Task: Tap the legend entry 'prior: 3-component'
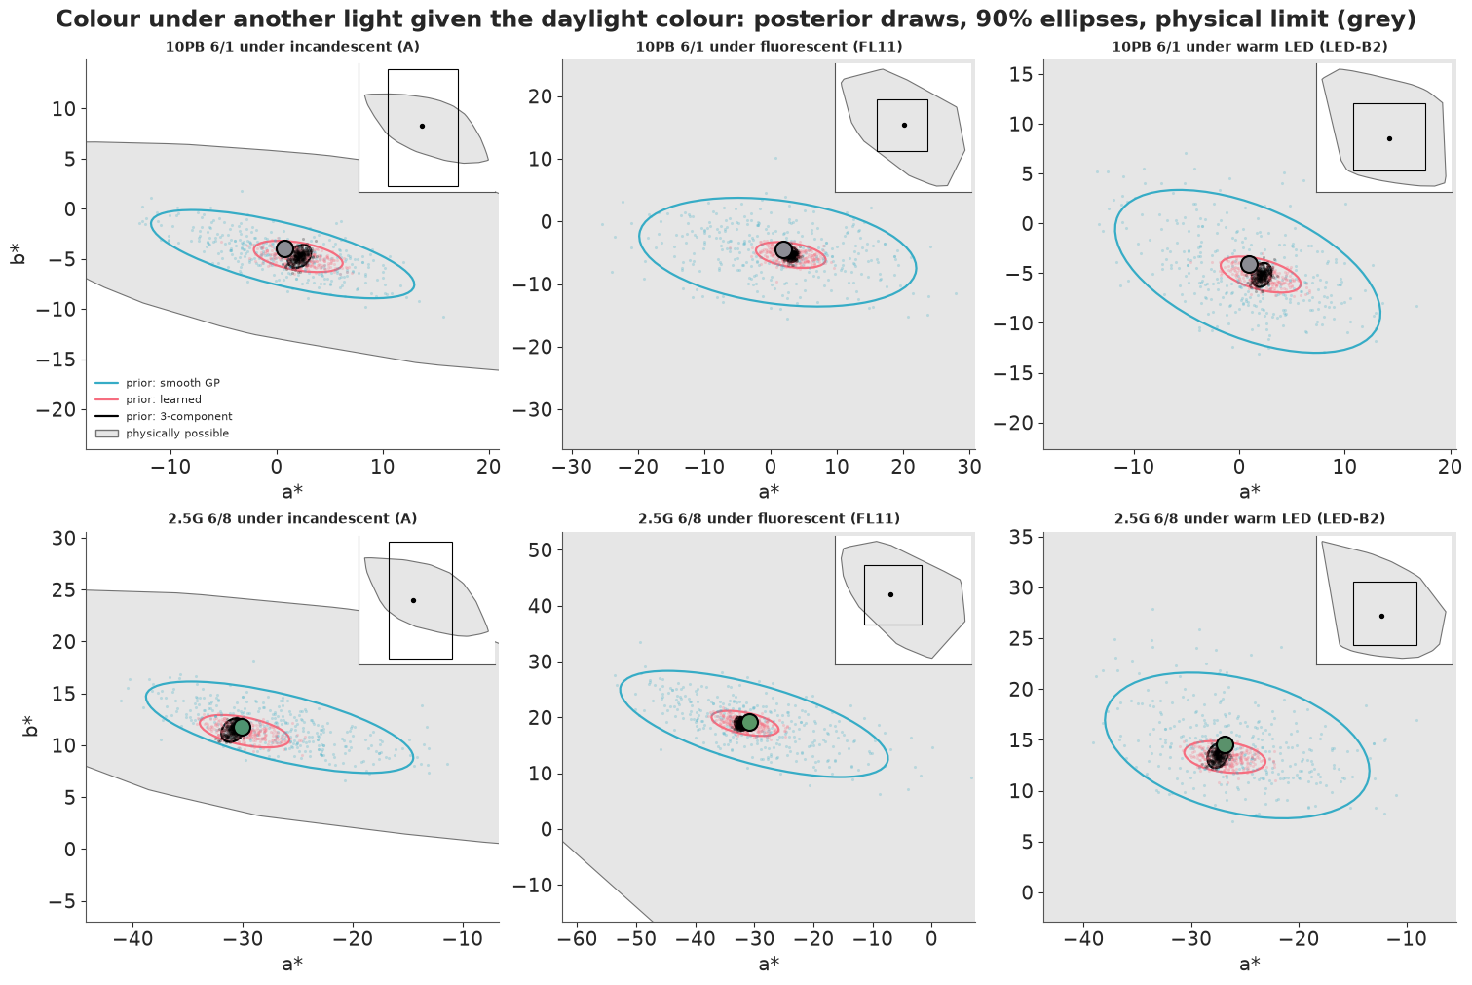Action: click(163, 417)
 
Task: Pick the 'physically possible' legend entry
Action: click(162, 434)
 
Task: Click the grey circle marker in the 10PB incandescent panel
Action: click(284, 249)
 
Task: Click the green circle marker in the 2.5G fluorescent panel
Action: click(749, 723)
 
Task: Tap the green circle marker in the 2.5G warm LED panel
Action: click(1225, 744)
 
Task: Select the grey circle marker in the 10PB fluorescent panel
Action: click(783, 249)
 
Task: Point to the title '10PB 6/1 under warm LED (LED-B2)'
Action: click(1249, 47)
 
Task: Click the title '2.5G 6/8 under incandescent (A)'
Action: click(292, 518)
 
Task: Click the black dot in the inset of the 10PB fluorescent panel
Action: click(904, 126)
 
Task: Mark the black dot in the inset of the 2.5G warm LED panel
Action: click(1382, 617)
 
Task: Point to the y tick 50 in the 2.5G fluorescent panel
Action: click(541, 549)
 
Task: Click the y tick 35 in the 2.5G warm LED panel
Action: click(1022, 537)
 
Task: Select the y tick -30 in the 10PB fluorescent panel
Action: click(533, 409)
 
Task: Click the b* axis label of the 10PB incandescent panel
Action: click(19, 254)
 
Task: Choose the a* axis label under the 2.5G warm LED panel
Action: click(1250, 964)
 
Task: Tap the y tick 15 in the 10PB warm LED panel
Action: click(1022, 74)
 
